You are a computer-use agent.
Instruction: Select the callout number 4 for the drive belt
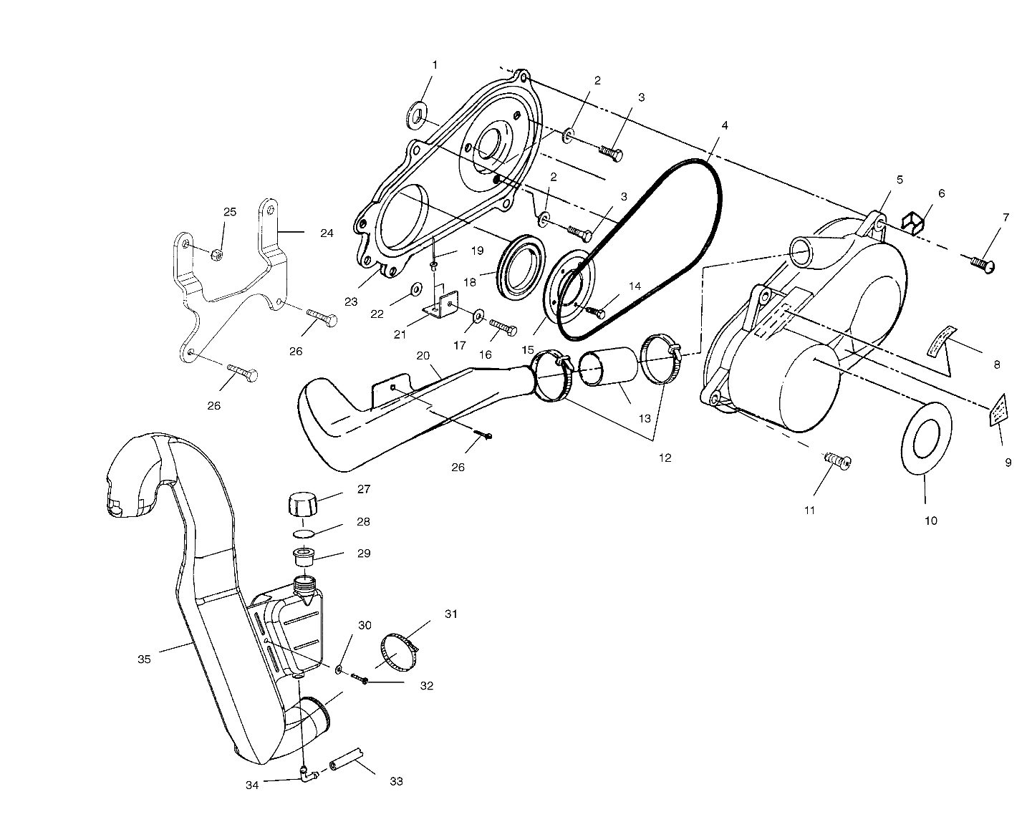pyautogui.click(x=725, y=126)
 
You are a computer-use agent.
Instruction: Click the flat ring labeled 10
pyautogui.click(x=926, y=438)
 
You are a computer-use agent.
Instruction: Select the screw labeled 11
pyautogui.click(x=836, y=460)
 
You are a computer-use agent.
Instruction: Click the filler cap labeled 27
pyautogui.click(x=302, y=503)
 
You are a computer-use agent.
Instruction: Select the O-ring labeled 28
pyautogui.click(x=304, y=533)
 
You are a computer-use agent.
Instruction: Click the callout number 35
pyautogui.click(x=144, y=659)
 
